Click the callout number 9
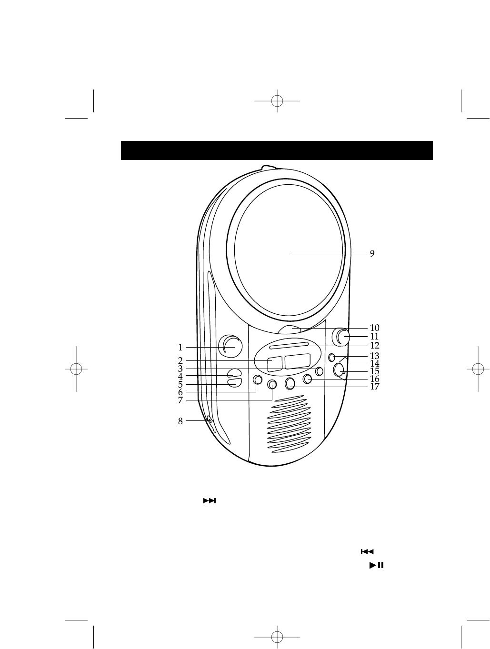click(372, 253)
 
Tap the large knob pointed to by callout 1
click(230, 346)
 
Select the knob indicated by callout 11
click(340, 337)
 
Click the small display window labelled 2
click(274, 364)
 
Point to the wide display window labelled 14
click(298, 361)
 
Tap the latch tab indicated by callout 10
click(289, 329)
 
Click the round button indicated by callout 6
click(258, 379)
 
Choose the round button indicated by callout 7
click(272, 384)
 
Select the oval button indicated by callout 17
click(290, 383)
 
